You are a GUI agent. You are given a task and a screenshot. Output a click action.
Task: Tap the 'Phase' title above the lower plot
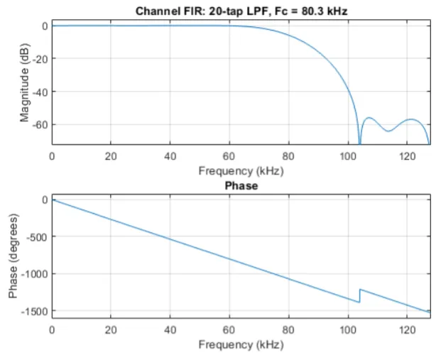click(x=241, y=186)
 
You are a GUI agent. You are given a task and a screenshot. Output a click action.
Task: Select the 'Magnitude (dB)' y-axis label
click(x=24, y=84)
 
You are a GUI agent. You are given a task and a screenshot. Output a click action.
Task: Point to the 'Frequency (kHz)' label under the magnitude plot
click(x=241, y=170)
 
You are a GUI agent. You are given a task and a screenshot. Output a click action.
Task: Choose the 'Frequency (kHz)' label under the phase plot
click(x=241, y=345)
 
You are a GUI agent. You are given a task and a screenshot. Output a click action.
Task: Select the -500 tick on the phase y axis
click(x=35, y=236)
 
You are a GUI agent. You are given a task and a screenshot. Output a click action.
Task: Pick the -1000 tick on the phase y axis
click(x=33, y=274)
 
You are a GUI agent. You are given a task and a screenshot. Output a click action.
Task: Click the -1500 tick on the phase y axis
click(x=33, y=311)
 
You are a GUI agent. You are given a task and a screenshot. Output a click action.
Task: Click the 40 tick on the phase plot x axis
click(x=170, y=330)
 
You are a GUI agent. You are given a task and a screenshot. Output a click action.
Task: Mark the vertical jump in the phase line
click(x=359, y=295)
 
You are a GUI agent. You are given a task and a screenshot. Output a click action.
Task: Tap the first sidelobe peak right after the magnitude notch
click(x=369, y=118)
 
